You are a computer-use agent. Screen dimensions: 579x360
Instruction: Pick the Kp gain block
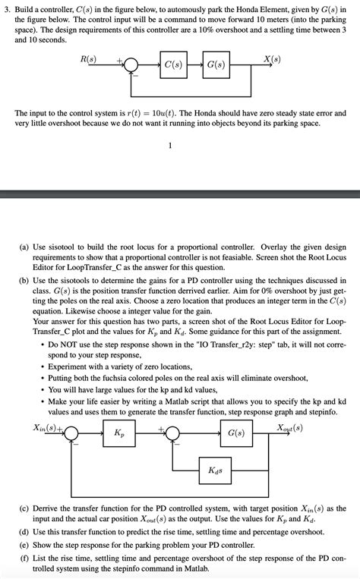click(119, 433)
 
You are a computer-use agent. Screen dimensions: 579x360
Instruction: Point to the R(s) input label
click(88, 58)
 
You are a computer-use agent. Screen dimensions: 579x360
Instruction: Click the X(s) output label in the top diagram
click(270, 59)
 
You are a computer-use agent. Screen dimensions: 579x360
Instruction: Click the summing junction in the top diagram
click(131, 65)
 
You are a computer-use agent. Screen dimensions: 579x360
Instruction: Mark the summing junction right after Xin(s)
click(71, 433)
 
